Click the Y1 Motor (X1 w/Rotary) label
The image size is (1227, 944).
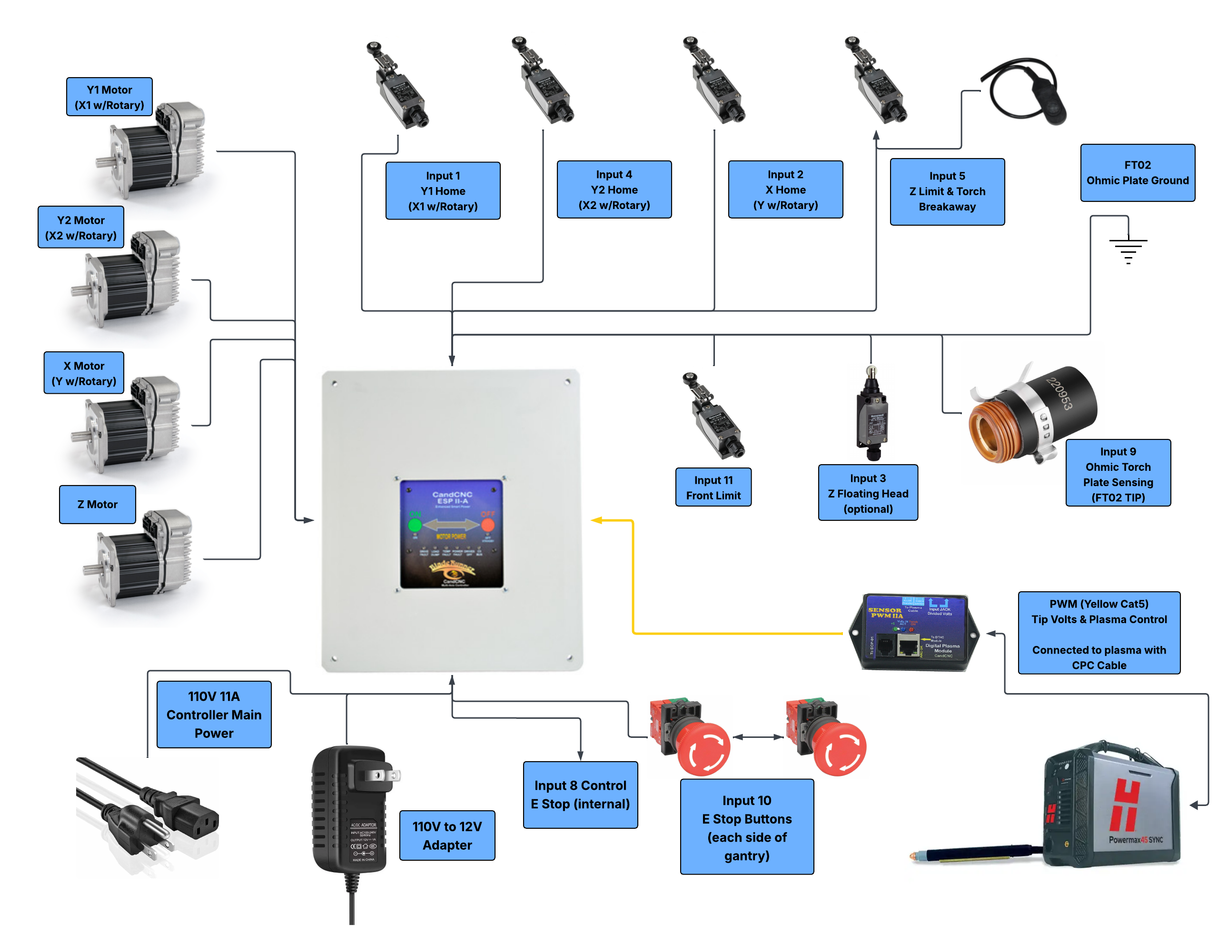click(109, 97)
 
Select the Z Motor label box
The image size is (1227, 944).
click(97, 505)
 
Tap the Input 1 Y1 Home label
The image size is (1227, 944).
click(443, 191)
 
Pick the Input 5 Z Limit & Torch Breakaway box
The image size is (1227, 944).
click(947, 192)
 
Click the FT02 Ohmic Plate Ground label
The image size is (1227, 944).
click(1137, 172)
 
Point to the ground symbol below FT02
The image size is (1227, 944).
click(1128, 248)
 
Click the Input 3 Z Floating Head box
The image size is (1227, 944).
click(868, 493)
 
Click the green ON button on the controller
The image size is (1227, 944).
click(415, 526)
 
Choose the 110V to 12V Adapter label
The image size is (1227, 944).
click(447, 835)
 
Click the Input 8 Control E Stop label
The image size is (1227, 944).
click(580, 795)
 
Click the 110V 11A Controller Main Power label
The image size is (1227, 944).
click(214, 714)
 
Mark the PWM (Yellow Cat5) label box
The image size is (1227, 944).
click(1098, 633)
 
